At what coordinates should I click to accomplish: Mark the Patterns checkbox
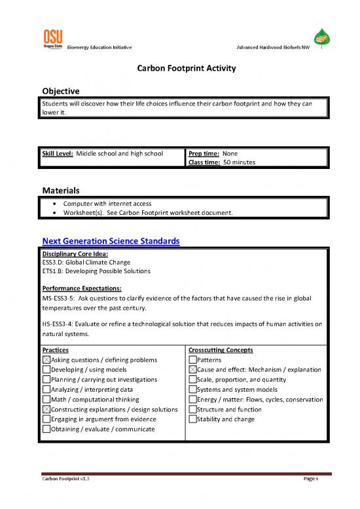(192, 360)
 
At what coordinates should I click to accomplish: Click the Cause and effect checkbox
(192, 369)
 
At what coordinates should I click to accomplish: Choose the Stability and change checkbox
(192, 419)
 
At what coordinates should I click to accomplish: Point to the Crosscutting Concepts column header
(221, 350)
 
